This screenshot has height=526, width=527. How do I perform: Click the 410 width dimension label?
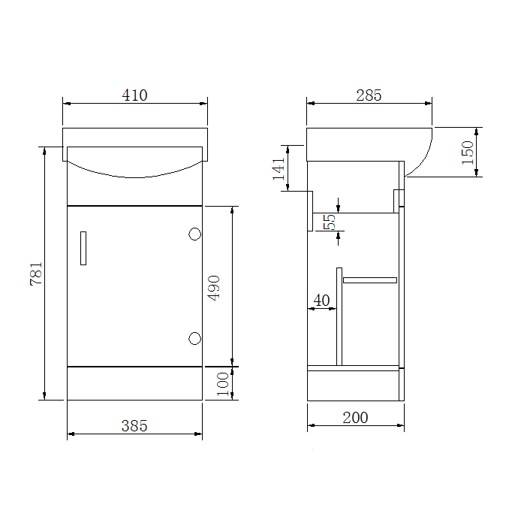pos(134,95)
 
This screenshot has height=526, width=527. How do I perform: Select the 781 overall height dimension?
pos(36,274)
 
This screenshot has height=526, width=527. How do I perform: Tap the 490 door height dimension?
pos(214,288)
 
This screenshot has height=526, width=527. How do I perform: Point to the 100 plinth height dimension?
pos(223,383)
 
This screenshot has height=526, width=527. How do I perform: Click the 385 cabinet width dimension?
pos(134,425)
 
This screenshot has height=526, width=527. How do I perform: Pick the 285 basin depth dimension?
pos(369,95)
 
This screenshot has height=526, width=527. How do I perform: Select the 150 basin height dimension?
pos(467,153)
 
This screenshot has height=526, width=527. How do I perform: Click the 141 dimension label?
pos(279,168)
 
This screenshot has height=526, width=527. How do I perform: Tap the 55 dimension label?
pos(329,222)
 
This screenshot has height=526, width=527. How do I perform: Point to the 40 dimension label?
pos(321,301)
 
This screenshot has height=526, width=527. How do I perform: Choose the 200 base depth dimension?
pos(355,417)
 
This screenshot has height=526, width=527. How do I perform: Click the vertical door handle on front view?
pos(83,248)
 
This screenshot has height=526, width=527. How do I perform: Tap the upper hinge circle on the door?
pos(194,234)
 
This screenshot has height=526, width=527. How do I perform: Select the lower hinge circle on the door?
pos(194,338)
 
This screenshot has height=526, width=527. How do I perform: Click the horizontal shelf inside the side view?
pos(369,280)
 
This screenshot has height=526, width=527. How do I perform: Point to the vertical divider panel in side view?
pos(339,316)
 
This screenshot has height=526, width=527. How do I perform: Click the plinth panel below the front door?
pos(134,383)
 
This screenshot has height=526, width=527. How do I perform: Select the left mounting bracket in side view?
pos(310,210)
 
